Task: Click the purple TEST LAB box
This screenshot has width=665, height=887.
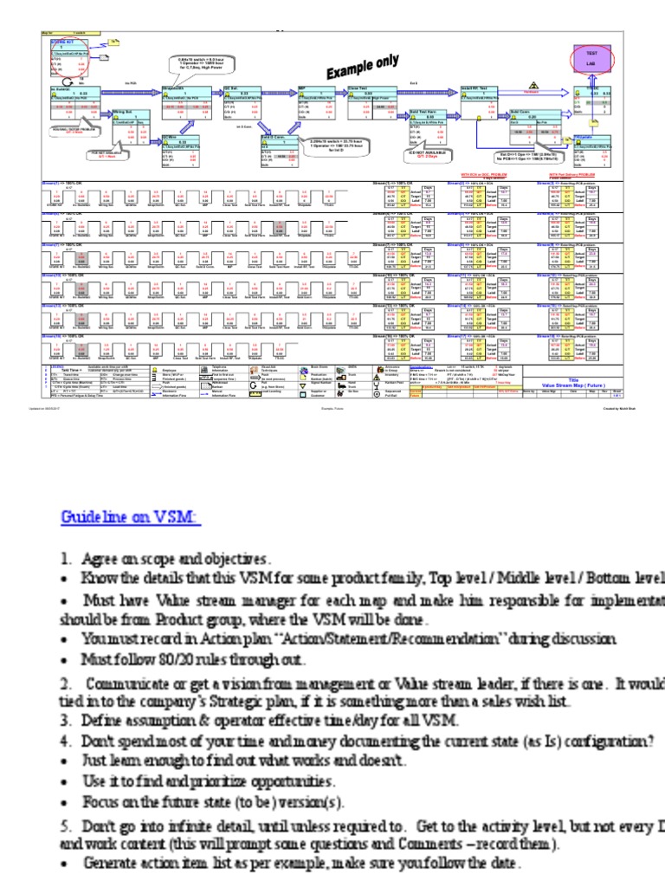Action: [x=581, y=58]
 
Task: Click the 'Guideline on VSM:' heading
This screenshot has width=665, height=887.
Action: [x=130, y=517]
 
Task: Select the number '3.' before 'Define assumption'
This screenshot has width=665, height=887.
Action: [x=67, y=720]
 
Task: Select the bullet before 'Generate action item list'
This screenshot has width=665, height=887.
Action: [x=67, y=863]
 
